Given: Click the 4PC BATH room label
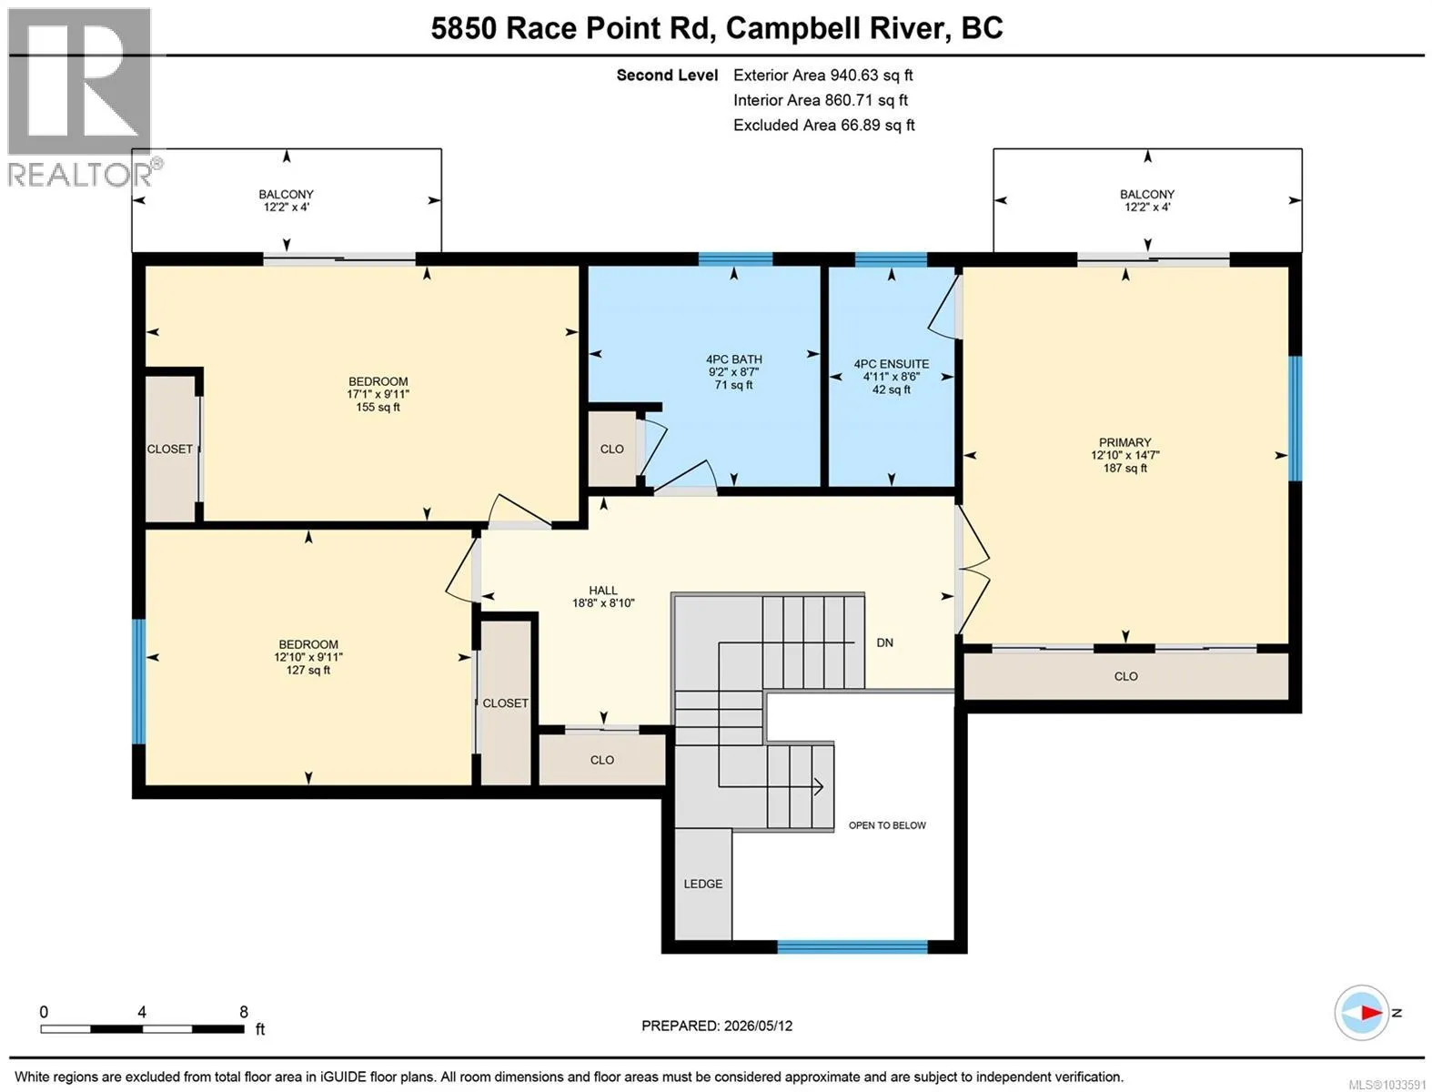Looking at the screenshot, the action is [733, 359].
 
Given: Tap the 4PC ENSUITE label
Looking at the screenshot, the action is [892, 364].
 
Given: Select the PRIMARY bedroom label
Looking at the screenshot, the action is [1124, 442].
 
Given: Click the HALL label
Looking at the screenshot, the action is [603, 591].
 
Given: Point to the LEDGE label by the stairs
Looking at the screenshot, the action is [702, 884].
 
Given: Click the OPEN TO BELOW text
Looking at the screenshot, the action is [887, 825].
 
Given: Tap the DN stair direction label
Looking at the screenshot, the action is [884, 642].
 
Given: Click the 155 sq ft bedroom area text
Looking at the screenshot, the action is [378, 407].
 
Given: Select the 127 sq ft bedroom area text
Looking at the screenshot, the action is [308, 670].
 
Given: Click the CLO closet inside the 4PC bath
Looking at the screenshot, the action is [611, 449].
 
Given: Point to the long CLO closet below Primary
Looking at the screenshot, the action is [1125, 676].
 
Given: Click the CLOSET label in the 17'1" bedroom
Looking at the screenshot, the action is [169, 449].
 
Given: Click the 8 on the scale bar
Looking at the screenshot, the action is [243, 1012].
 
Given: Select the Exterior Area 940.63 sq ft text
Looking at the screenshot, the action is [822, 75].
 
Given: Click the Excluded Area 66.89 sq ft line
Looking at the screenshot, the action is [824, 125].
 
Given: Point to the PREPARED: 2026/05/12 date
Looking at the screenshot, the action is [717, 1026].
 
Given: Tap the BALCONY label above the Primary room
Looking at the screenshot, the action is [1147, 195].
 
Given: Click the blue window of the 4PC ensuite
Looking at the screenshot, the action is [891, 259].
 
